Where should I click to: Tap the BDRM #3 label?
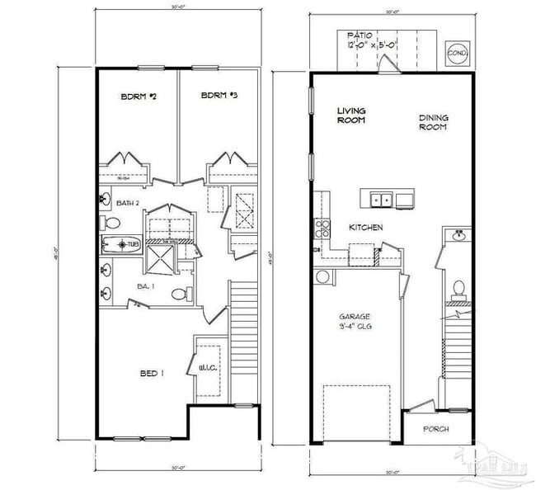point(219,97)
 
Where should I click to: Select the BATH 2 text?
point(127,203)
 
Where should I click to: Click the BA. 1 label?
point(143,285)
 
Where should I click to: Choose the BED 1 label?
point(151,374)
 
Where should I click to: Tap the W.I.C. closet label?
point(207,368)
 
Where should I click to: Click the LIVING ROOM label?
point(351,115)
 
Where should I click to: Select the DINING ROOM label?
point(433,123)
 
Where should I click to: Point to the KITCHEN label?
point(365,228)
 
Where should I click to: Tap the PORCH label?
point(435,429)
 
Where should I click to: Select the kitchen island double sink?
point(381,199)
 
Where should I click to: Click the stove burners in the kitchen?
point(322,228)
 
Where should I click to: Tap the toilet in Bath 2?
point(111,223)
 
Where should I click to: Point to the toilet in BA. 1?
point(181,294)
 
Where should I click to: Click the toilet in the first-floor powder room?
point(458,288)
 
